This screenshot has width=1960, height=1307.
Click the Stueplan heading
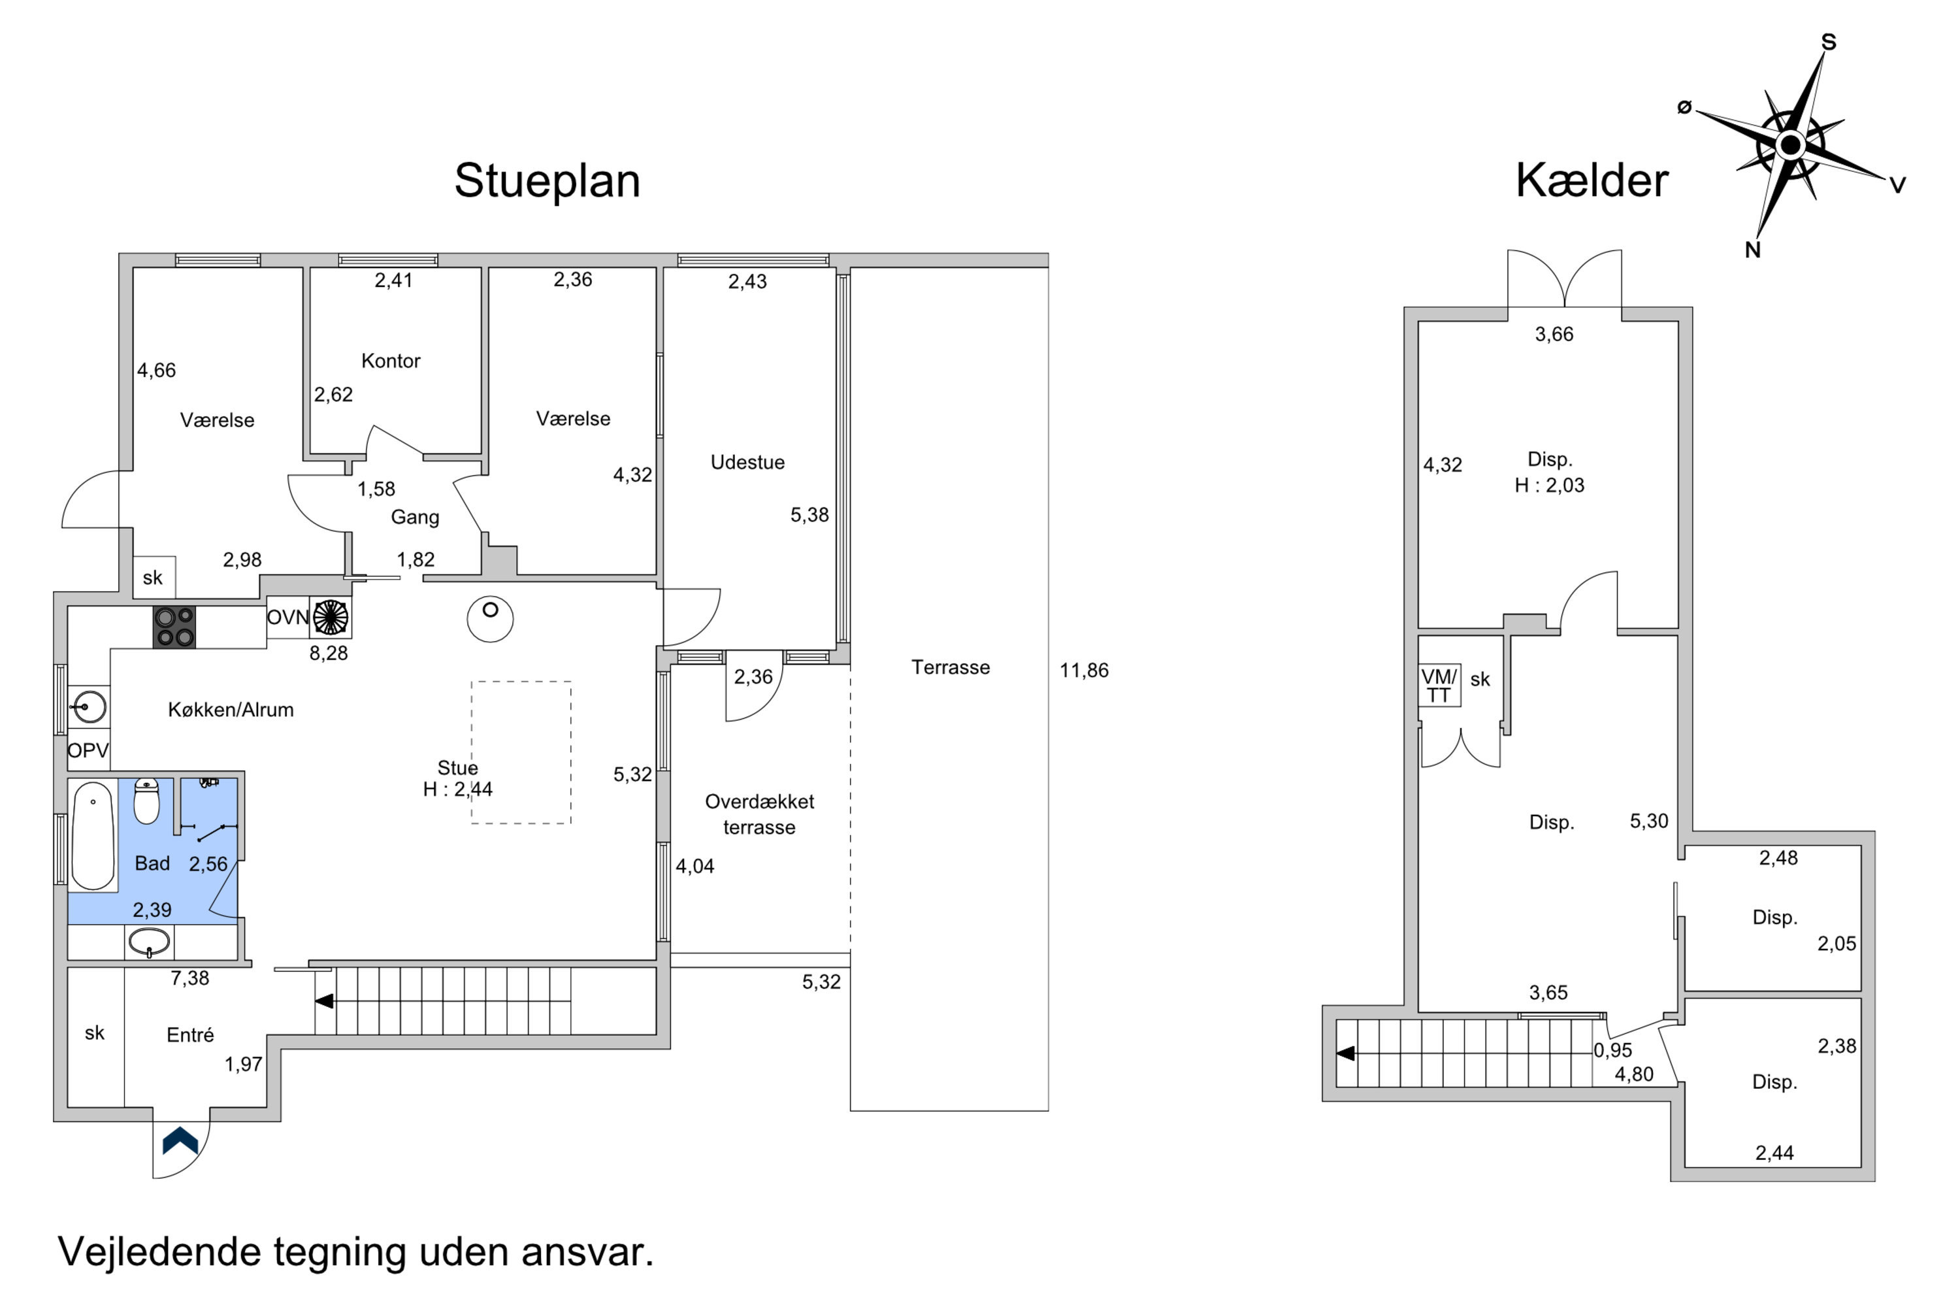[547, 181]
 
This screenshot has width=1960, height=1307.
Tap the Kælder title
[1592, 180]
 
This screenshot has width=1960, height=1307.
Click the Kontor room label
[391, 361]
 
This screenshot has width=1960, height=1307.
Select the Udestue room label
[747, 462]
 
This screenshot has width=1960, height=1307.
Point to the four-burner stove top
[174, 627]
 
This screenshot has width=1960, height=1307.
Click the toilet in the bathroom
[146, 801]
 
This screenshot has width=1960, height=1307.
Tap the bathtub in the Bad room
[93, 836]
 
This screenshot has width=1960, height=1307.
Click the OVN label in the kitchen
[287, 618]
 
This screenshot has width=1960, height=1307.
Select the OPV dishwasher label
[88, 750]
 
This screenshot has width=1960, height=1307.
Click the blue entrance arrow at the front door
[180, 1140]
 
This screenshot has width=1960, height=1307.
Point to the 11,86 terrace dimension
[1084, 670]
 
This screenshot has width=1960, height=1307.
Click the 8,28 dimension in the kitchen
[329, 653]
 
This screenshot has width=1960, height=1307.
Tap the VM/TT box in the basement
[1439, 685]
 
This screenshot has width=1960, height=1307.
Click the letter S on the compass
[1828, 42]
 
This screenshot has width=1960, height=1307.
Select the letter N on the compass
[1752, 250]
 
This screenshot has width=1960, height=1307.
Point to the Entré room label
[190, 1034]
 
